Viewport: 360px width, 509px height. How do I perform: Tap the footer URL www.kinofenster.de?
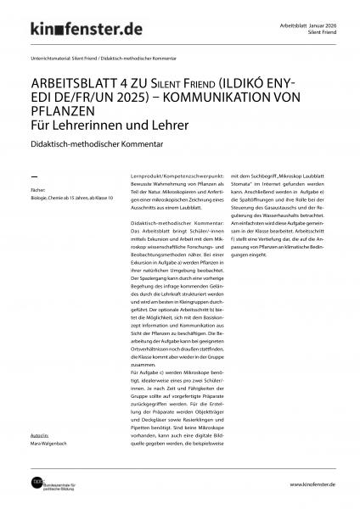[x=312, y=484]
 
